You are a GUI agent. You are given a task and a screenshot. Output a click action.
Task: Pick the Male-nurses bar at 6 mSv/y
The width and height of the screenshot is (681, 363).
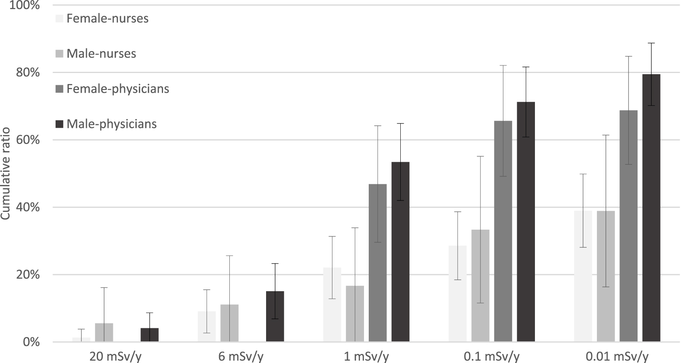[x=229, y=323]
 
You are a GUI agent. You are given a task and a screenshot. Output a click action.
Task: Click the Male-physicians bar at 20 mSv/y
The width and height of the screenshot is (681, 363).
[x=150, y=335]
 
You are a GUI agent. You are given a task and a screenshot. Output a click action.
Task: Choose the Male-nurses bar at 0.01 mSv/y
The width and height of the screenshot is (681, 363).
[x=606, y=276]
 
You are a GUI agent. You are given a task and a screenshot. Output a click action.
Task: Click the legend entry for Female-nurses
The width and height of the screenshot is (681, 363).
[x=107, y=19]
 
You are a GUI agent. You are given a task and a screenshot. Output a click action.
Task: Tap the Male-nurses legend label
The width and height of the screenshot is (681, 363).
[x=101, y=54]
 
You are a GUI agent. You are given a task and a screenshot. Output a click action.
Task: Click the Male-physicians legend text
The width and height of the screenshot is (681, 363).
[x=112, y=124]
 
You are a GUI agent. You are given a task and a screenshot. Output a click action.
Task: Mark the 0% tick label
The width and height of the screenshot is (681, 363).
[x=31, y=342]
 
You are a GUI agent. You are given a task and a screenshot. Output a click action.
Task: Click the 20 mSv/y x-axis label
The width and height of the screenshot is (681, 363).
[x=115, y=357]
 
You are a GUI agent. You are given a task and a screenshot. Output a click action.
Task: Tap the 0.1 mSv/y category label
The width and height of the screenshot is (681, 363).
[x=492, y=357]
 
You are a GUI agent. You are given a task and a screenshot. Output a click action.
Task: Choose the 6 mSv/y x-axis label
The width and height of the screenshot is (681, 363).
[x=241, y=357]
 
